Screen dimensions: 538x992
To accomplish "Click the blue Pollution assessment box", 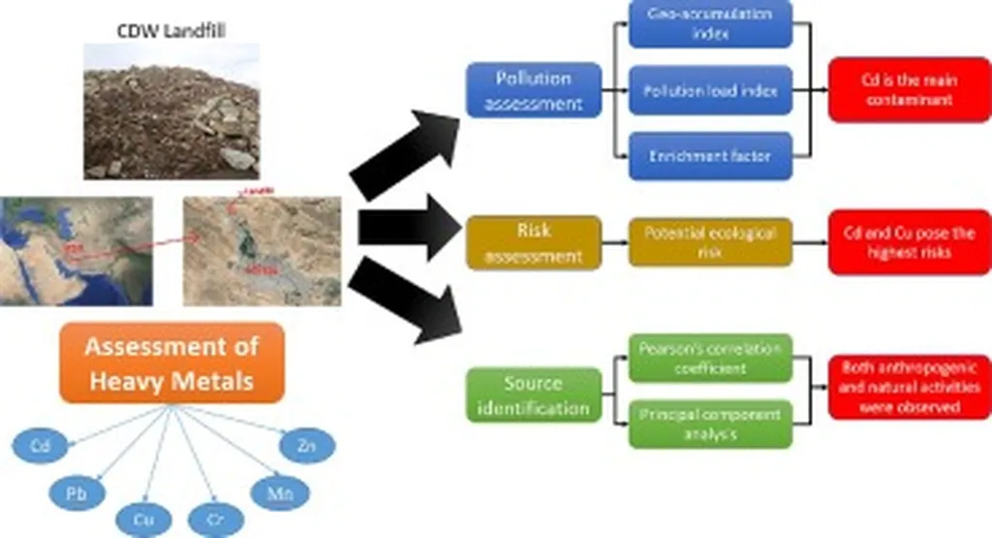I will coord(533,89).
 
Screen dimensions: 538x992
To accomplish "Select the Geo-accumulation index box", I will coord(710,23).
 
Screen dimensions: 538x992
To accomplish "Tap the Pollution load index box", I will coord(710,90).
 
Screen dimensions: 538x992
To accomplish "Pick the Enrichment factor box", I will coord(710,155).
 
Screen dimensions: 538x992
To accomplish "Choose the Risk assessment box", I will coord(533,242).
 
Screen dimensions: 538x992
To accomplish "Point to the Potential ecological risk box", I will coord(710,242).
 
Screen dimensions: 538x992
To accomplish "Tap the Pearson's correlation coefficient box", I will coord(710,359).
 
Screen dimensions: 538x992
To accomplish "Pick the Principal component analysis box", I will coord(710,423).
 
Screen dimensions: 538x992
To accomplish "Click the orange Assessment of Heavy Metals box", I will coord(172,363).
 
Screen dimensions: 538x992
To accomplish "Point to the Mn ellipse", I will coord(273,492).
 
